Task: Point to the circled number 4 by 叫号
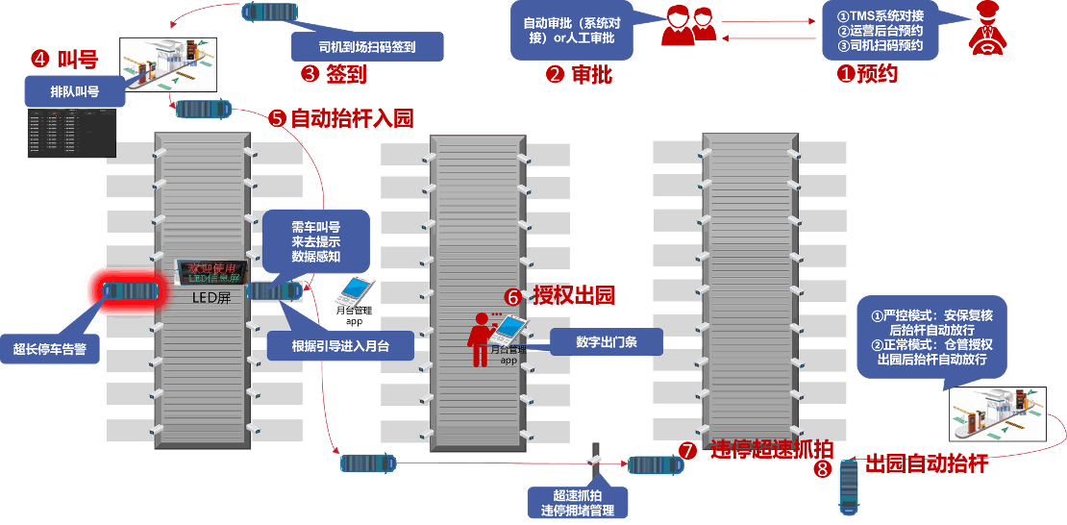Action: pyautogui.click(x=40, y=59)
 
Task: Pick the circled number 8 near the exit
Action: pyautogui.click(x=822, y=469)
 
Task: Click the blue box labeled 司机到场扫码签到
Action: pyautogui.click(x=366, y=46)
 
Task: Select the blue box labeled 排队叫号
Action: pyautogui.click(x=74, y=92)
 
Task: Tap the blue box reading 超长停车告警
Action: pyautogui.click(x=56, y=349)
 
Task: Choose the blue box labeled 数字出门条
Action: pyautogui.click(x=607, y=341)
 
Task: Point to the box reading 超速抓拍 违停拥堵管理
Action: pyautogui.click(x=577, y=502)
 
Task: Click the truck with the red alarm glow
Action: pyautogui.click(x=130, y=290)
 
